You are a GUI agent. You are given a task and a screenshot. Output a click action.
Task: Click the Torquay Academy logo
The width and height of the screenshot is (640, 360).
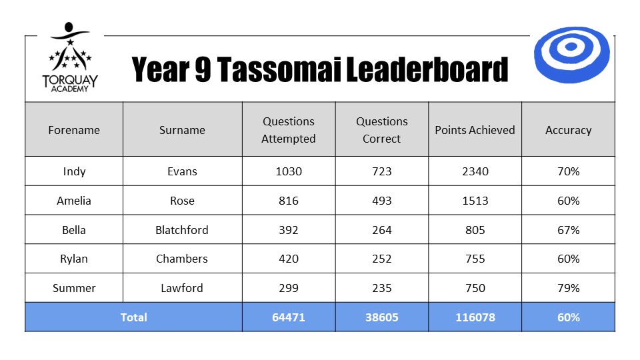pyautogui.click(x=70, y=57)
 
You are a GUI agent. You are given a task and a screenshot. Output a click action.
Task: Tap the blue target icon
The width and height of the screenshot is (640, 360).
pyautogui.click(x=572, y=55)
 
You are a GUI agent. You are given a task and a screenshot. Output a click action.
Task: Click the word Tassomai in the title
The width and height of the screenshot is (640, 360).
pyautogui.click(x=279, y=69)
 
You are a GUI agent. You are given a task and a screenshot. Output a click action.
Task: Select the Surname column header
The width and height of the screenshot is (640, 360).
pyautogui.click(x=182, y=130)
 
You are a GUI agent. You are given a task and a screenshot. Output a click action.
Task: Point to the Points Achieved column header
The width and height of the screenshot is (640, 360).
pyautogui.click(x=475, y=130)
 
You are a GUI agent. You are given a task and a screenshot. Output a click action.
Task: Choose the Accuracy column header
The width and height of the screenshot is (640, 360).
pyautogui.click(x=568, y=130)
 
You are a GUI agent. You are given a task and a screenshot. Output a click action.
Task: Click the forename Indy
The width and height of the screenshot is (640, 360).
pyautogui.click(x=74, y=171)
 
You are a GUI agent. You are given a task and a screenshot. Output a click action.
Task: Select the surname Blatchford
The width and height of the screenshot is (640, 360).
pyautogui.click(x=182, y=230)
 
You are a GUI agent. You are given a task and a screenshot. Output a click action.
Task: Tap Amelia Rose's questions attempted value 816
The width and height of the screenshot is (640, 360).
pyautogui.click(x=289, y=201)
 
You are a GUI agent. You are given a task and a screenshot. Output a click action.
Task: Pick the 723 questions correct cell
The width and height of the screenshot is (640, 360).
pyautogui.click(x=381, y=171)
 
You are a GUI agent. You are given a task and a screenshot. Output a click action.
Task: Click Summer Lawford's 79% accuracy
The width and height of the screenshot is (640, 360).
pyautogui.click(x=568, y=288)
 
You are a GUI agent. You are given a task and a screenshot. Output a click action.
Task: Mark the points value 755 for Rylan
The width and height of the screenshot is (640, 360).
pyautogui.click(x=475, y=259)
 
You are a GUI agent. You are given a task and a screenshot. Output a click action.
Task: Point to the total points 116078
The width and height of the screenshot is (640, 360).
pyautogui.click(x=475, y=317)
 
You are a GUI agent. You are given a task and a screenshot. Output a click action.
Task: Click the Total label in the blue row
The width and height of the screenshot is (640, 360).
pyautogui.click(x=133, y=317)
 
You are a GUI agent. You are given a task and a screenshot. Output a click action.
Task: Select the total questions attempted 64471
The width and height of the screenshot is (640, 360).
pyautogui.click(x=289, y=317)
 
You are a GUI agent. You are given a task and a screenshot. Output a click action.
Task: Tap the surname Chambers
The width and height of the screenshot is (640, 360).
pyautogui.click(x=182, y=259)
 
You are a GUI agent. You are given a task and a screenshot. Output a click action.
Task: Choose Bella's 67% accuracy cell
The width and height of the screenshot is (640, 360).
pyautogui.click(x=568, y=230)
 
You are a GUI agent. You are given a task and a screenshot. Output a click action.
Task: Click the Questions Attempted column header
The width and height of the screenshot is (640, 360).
pyautogui.click(x=289, y=130)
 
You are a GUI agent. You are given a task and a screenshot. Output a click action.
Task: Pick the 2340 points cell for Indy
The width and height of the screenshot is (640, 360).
pyautogui.click(x=475, y=171)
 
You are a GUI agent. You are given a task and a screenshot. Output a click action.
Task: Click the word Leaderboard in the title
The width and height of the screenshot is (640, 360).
pyautogui.click(x=427, y=69)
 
